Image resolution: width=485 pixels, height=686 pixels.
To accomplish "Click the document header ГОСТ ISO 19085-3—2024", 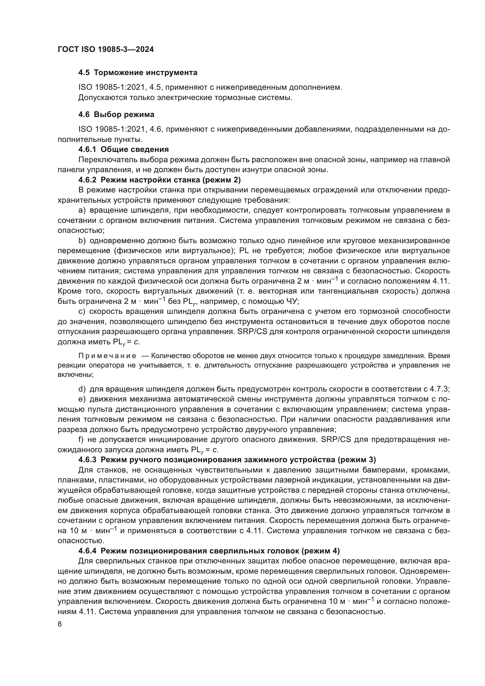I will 106,50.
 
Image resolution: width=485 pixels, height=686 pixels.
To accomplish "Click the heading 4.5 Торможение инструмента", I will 138,73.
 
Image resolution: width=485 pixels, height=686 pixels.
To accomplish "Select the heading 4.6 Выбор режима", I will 116,114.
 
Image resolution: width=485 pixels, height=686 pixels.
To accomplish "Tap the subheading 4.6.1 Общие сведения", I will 123,149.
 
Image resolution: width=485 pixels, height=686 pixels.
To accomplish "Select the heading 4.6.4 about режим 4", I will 209,551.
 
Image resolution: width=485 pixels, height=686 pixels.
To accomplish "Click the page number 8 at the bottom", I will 60,624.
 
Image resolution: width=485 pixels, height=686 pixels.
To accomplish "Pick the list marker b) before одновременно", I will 82,241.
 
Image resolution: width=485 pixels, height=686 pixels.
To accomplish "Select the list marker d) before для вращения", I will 82,389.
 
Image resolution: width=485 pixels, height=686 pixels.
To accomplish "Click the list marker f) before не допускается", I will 81,440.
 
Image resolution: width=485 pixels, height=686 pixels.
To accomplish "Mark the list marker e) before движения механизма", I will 82,399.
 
